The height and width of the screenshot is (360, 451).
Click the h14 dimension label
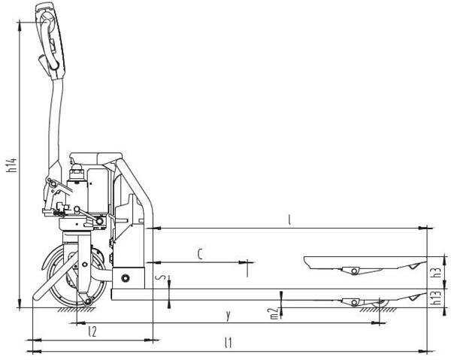coord(12,165)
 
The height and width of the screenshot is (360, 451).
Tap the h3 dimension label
coord(437,272)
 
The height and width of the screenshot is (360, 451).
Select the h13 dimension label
coord(437,297)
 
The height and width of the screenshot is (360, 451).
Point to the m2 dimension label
coord(274,313)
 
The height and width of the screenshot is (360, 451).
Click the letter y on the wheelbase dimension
coord(228,316)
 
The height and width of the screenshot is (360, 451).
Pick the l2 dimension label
coord(92,332)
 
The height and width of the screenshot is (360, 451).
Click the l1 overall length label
coord(228,343)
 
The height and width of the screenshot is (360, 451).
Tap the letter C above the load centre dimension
coord(200,254)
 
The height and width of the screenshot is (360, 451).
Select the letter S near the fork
coord(162,277)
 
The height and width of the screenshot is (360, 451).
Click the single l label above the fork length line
coord(289,220)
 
